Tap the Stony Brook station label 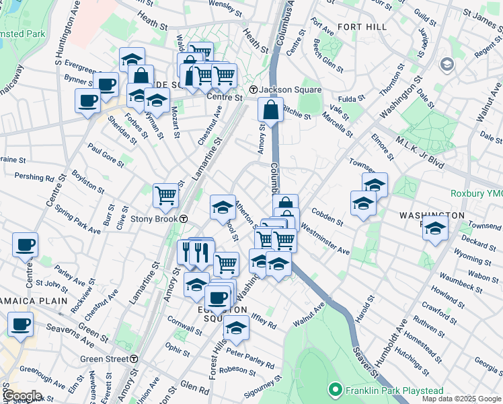tap(154, 219)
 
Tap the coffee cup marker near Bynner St tap(106, 84)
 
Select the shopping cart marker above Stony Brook tap(165, 195)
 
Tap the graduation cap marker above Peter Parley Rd tap(236, 327)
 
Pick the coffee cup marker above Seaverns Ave tap(20, 324)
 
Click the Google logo tap(22, 396)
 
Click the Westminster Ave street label tap(325, 239)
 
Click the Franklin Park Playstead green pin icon tap(334, 390)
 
